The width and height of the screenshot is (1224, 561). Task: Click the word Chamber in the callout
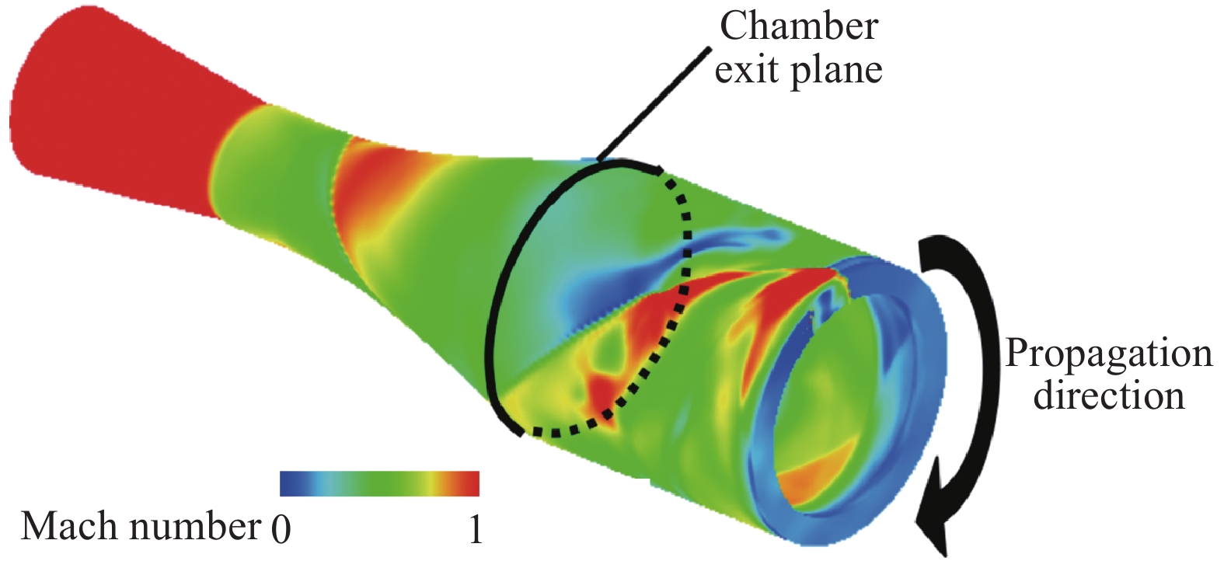tap(798, 26)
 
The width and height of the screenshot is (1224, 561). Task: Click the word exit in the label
tap(748, 70)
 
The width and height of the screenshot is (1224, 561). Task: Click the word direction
tap(1108, 395)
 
